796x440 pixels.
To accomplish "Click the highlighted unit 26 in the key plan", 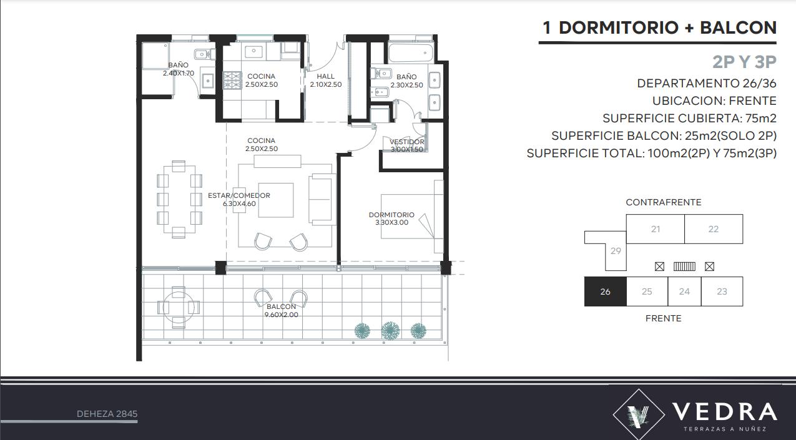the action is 605,291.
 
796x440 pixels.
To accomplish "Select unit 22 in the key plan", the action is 714,229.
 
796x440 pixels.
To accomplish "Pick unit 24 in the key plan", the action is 684,291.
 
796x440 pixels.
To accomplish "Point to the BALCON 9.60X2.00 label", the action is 281,310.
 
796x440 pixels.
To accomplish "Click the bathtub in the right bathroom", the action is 410,53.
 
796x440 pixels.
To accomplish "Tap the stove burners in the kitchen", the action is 232,81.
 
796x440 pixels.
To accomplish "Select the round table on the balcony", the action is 179,307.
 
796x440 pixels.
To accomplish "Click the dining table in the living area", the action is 179,199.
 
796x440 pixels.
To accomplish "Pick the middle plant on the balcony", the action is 390,331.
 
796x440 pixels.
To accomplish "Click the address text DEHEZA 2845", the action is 107,414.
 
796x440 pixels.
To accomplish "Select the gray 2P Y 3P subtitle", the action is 744,62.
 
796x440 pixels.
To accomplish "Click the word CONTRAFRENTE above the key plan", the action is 664,202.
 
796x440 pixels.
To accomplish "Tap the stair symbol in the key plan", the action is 684,266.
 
